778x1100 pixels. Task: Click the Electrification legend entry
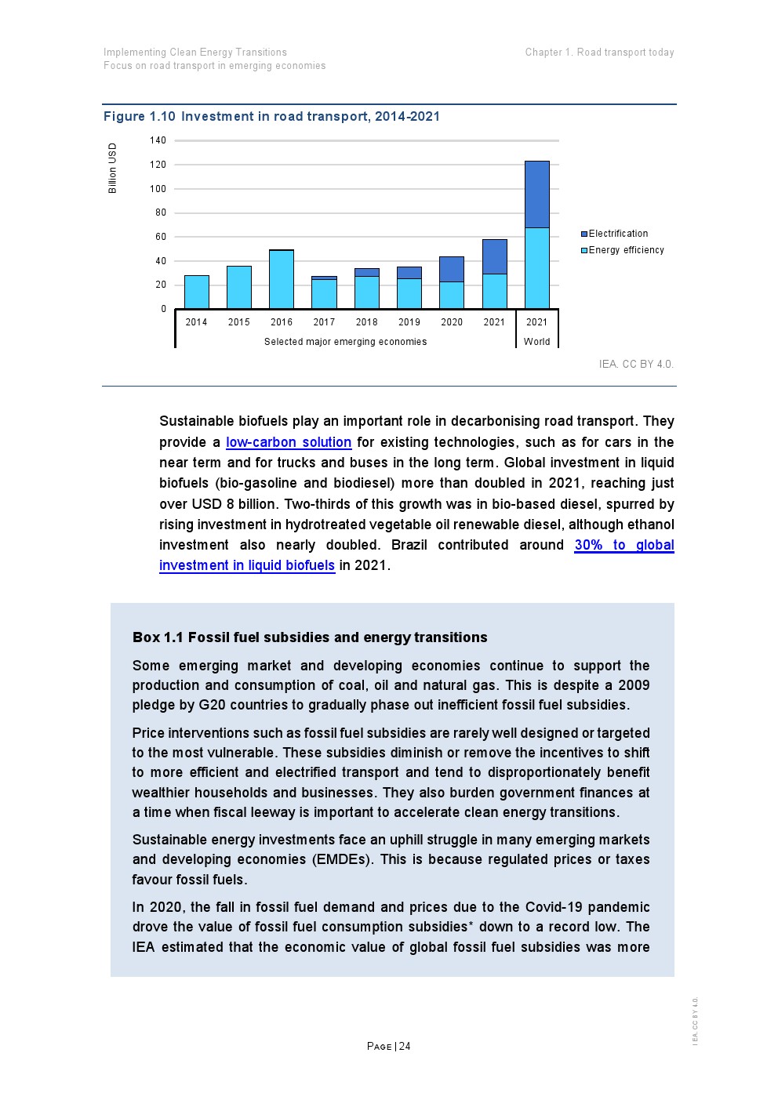(618, 234)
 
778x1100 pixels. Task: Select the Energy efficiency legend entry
(626, 250)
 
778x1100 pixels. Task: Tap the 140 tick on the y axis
(158, 140)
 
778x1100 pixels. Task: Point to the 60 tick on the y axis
(161, 237)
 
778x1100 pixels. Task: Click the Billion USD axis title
(113, 168)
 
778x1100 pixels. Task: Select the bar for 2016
(282, 279)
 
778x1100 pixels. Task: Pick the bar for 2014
(197, 292)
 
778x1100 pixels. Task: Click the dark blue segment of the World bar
(537, 194)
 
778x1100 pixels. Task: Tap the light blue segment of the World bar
(537, 268)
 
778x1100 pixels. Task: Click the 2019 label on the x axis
(409, 322)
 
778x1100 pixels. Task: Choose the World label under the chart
(537, 342)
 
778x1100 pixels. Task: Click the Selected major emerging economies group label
(345, 342)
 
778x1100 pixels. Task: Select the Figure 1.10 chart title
(271, 117)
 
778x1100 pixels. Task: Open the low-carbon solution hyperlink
(289, 442)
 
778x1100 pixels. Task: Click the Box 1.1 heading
(310, 637)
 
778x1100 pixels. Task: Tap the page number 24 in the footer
(404, 1047)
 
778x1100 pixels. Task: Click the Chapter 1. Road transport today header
(599, 53)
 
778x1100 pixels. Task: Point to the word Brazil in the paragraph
(409, 545)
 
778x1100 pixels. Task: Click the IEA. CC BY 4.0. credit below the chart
(636, 364)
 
